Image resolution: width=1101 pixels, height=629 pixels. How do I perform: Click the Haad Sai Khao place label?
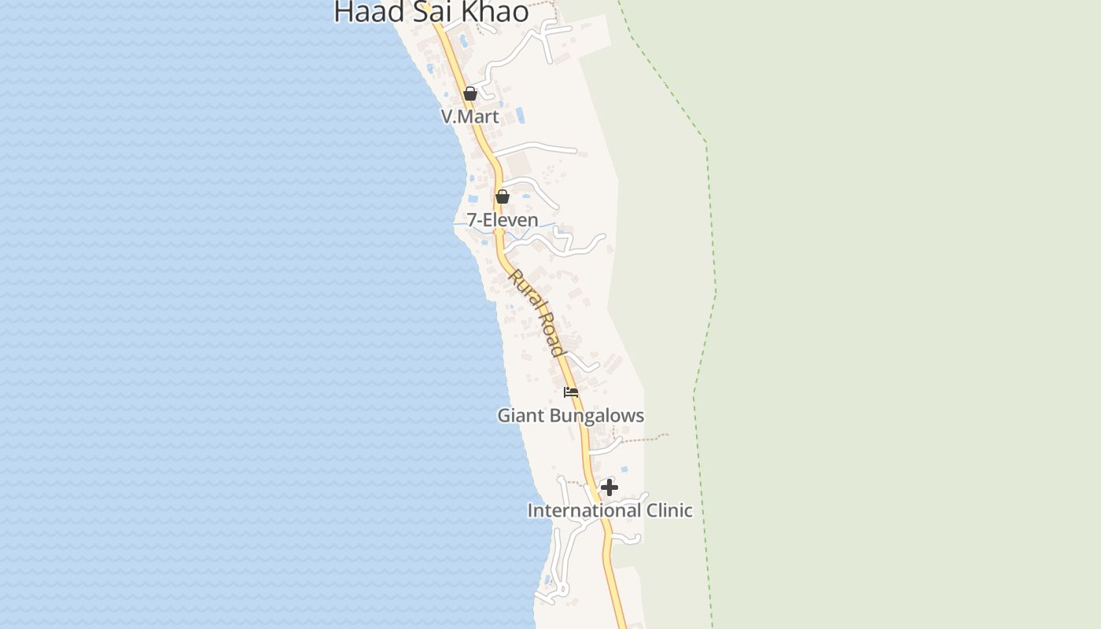point(431,12)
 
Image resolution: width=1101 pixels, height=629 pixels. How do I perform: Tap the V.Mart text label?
point(469,116)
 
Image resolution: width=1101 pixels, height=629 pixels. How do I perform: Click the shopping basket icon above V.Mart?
point(470,94)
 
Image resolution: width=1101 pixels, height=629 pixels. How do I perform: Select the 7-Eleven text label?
point(503,220)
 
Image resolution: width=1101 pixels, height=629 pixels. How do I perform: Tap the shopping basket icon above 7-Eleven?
point(503,197)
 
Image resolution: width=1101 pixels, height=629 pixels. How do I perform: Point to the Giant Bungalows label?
point(570,415)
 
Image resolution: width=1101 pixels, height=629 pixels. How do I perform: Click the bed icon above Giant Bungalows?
point(571,392)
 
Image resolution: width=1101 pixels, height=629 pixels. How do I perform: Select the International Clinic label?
point(609,510)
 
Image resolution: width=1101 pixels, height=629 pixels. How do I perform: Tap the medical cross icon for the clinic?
point(609,487)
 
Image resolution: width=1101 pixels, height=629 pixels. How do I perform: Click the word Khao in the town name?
point(496,12)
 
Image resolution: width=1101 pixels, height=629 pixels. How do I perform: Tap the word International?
point(584,510)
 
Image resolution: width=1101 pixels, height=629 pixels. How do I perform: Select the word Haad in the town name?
point(370,12)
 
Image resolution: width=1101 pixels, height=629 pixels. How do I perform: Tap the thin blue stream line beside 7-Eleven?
point(459,224)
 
